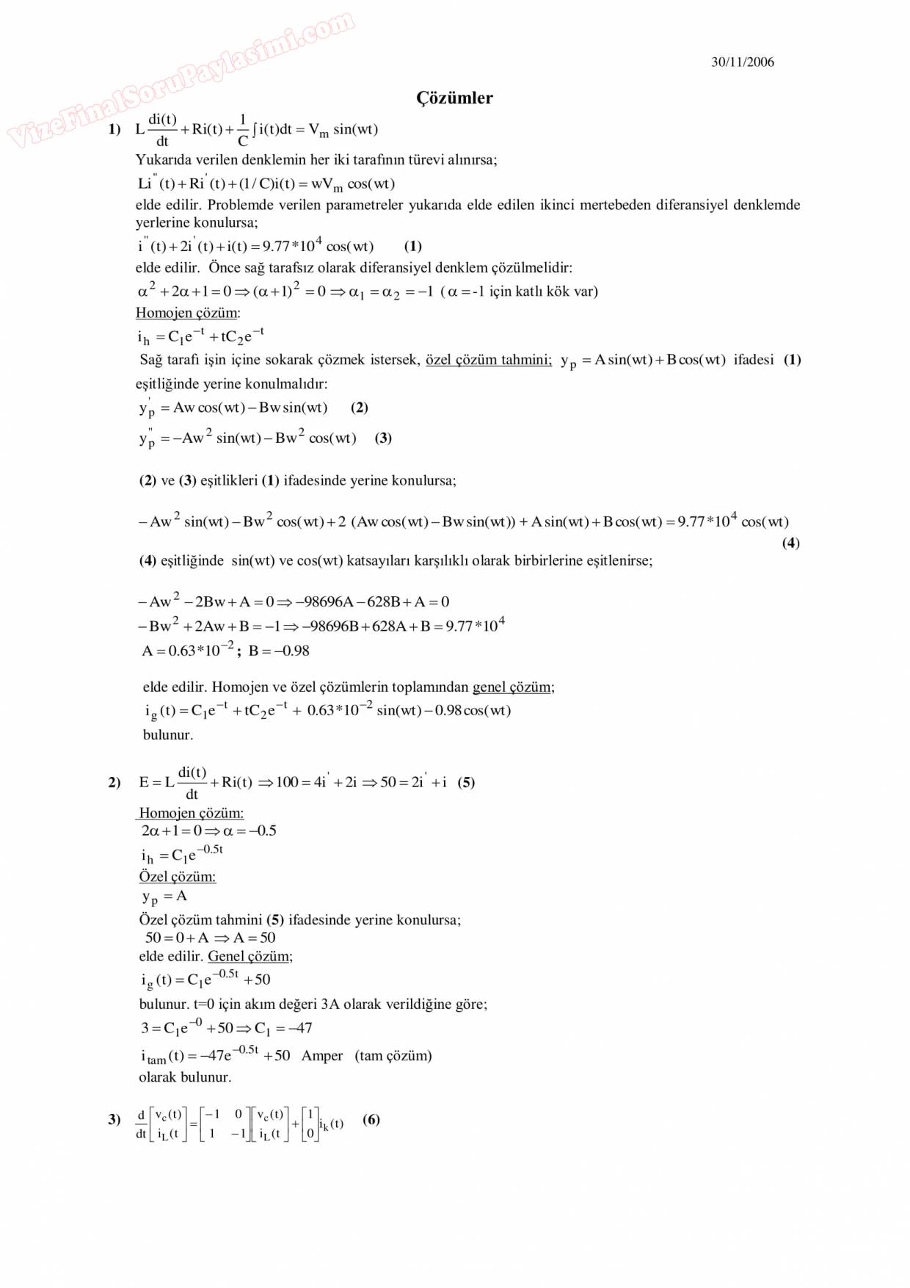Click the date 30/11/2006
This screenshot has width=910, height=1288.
(742, 62)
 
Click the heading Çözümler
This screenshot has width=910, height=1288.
(454, 98)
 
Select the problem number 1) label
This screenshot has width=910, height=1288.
(114, 129)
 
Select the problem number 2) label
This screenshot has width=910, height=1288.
(114, 783)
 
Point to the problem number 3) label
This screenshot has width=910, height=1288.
(114, 1120)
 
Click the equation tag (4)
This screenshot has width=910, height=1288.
(790, 543)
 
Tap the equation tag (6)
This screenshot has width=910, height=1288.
(371, 1120)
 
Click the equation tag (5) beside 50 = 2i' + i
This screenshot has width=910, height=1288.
(466, 783)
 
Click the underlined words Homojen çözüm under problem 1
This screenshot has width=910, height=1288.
(187, 313)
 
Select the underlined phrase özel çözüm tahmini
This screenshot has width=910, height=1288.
(488, 360)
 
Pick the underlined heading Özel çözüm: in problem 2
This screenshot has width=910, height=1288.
(177, 877)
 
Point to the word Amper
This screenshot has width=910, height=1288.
(321, 1056)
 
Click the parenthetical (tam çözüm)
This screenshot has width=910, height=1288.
(393, 1056)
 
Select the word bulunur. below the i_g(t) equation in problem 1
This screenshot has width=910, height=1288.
(168, 735)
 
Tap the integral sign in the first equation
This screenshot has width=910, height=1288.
(254, 130)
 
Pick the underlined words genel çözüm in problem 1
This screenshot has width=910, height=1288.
(512, 687)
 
